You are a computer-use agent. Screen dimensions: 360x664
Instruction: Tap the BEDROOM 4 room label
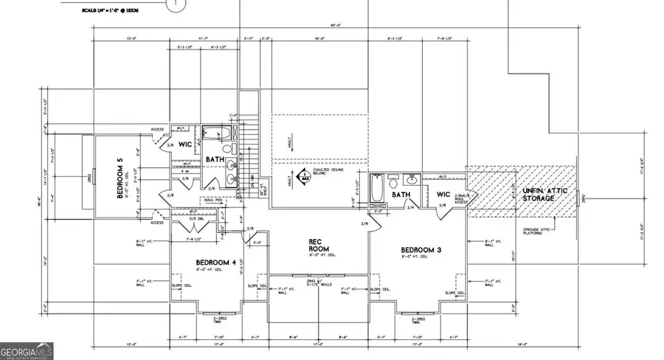(215, 263)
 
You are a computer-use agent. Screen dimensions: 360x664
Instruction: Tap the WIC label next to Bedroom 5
(185, 144)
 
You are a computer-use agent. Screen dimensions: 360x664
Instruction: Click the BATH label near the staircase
(215, 159)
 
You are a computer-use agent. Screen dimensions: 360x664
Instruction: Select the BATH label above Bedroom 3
(401, 195)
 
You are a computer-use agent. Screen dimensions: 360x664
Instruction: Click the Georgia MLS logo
(27, 352)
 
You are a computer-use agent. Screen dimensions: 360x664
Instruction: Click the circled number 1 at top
(175, 4)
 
